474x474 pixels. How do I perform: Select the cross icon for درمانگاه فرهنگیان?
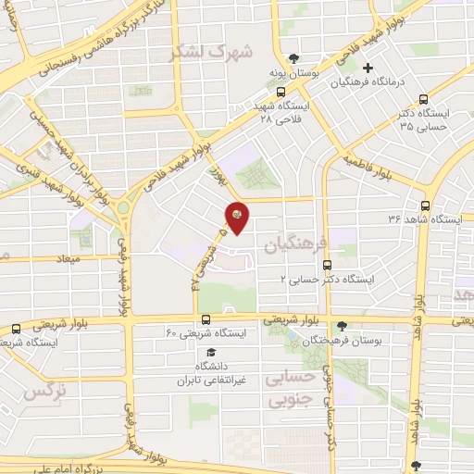(x=368, y=68)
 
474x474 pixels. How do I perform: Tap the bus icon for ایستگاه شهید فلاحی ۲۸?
(x=280, y=93)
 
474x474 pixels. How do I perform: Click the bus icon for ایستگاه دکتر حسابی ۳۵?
(x=423, y=100)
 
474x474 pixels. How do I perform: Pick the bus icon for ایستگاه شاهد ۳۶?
(x=425, y=206)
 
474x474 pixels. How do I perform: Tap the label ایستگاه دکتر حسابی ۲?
(x=331, y=278)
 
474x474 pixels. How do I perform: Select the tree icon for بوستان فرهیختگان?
(x=343, y=326)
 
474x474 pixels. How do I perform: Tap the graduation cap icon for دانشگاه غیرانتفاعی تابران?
(x=211, y=353)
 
